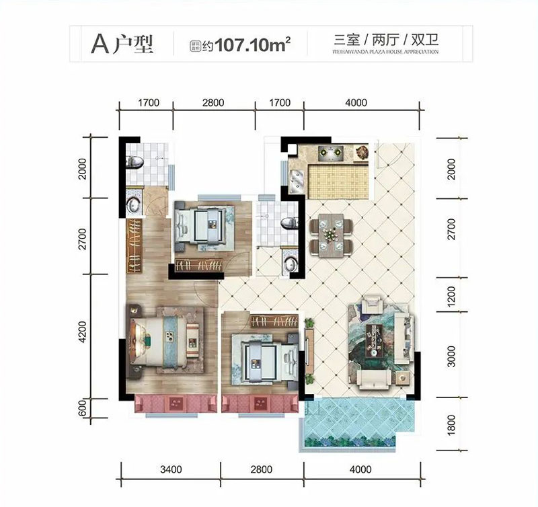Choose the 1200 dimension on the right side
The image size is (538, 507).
[x=451, y=296]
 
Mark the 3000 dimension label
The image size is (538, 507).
[x=451, y=354]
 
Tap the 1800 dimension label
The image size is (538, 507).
[x=451, y=424]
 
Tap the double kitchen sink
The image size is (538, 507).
[x=296, y=178]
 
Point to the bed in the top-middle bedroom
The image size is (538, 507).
[x=202, y=225]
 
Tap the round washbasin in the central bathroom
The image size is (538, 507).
[x=291, y=264]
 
